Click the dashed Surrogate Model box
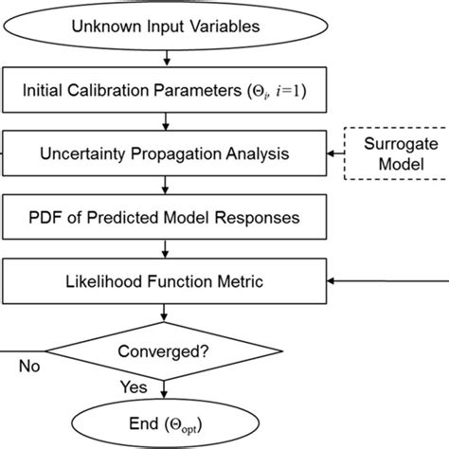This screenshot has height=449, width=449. tap(402, 153)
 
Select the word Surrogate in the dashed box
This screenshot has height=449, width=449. tap(402, 143)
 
